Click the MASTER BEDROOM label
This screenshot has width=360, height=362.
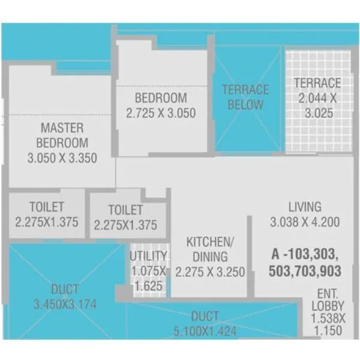pyautogui.click(x=62, y=135)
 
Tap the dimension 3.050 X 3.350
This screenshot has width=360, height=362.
pyautogui.click(x=62, y=158)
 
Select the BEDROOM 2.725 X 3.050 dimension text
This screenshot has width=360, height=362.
pyautogui.click(x=161, y=113)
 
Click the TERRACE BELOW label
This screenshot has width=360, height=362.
pyautogui.click(x=245, y=97)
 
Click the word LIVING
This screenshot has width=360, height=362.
pyautogui.click(x=304, y=207)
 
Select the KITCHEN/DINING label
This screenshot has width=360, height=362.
pyautogui.click(x=210, y=249)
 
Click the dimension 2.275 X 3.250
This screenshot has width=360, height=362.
pyautogui.click(x=210, y=272)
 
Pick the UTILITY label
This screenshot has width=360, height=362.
pyautogui.click(x=148, y=256)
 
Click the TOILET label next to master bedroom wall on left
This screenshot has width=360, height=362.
pyautogui.click(x=46, y=207)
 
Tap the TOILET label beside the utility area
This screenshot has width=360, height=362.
pyautogui.click(x=125, y=210)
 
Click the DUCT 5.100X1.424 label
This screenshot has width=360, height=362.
pyautogui.click(x=205, y=323)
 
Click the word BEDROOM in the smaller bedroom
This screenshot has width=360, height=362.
pyautogui.click(x=161, y=98)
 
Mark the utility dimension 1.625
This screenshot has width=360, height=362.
pyautogui.click(x=148, y=286)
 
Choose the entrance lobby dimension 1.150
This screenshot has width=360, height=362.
pyautogui.click(x=327, y=331)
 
